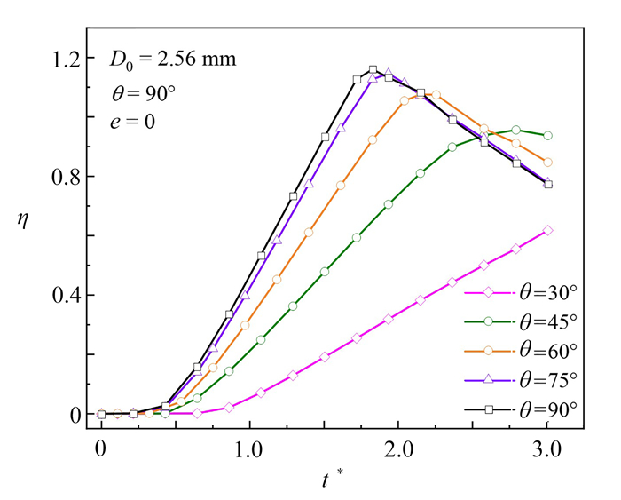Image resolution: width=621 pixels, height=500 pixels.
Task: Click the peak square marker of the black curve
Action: point(373,70)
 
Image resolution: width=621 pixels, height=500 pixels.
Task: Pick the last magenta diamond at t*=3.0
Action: point(547,230)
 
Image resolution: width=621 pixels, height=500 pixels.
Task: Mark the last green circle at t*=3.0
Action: point(547,136)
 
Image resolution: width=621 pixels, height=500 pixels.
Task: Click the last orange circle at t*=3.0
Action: point(547,163)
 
